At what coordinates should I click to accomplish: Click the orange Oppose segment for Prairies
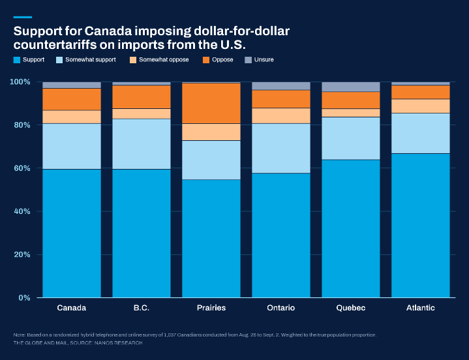211,103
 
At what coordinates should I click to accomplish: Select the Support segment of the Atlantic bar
421,226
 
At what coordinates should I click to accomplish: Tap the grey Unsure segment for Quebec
351,87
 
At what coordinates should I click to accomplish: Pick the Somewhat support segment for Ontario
281,148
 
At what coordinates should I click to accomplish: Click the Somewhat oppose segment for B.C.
142,113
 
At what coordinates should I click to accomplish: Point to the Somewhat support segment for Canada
72,147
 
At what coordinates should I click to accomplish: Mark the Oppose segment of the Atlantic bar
421,92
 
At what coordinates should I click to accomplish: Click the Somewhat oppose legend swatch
133,60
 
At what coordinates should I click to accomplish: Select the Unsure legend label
264,59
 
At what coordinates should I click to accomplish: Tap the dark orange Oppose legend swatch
206,60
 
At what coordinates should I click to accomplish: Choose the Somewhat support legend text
91,59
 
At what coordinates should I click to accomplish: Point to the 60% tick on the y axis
22,168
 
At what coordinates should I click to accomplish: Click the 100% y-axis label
20,82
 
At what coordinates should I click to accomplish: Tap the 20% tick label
22,254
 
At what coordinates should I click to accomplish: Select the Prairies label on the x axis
211,308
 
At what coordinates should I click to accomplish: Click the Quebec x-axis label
351,308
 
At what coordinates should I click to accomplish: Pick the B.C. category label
142,308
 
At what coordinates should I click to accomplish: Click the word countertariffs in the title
55,45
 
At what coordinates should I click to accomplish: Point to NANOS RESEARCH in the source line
119,342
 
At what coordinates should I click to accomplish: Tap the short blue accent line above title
23,18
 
